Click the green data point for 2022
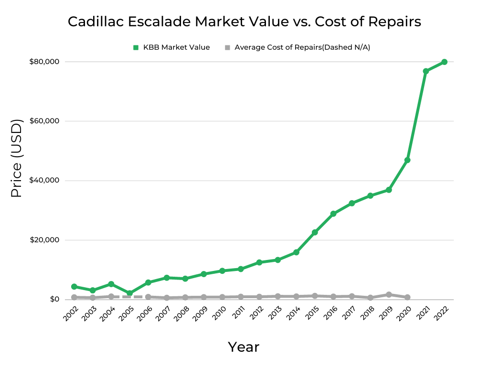(x=444, y=62)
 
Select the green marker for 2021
(x=425, y=71)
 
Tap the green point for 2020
(x=407, y=160)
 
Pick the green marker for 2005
(x=129, y=293)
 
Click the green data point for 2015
(x=315, y=232)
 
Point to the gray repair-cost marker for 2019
(x=389, y=294)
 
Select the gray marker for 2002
(x=74, y=297)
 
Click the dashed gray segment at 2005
(x=129, y=297)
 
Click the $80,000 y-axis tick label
(x=43, y=62)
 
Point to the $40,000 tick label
(x=43, y=181)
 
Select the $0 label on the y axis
(x=53, y=300)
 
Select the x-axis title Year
(x=244, y=347)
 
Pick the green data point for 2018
(x=370, y=195)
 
